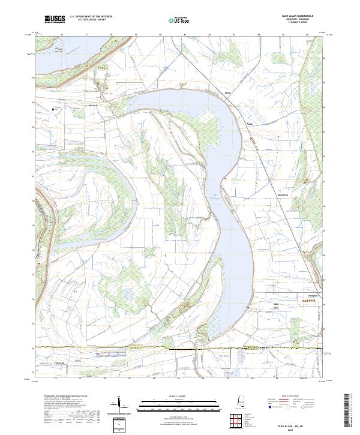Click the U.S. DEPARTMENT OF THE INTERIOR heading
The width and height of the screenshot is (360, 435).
[91, 17]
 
